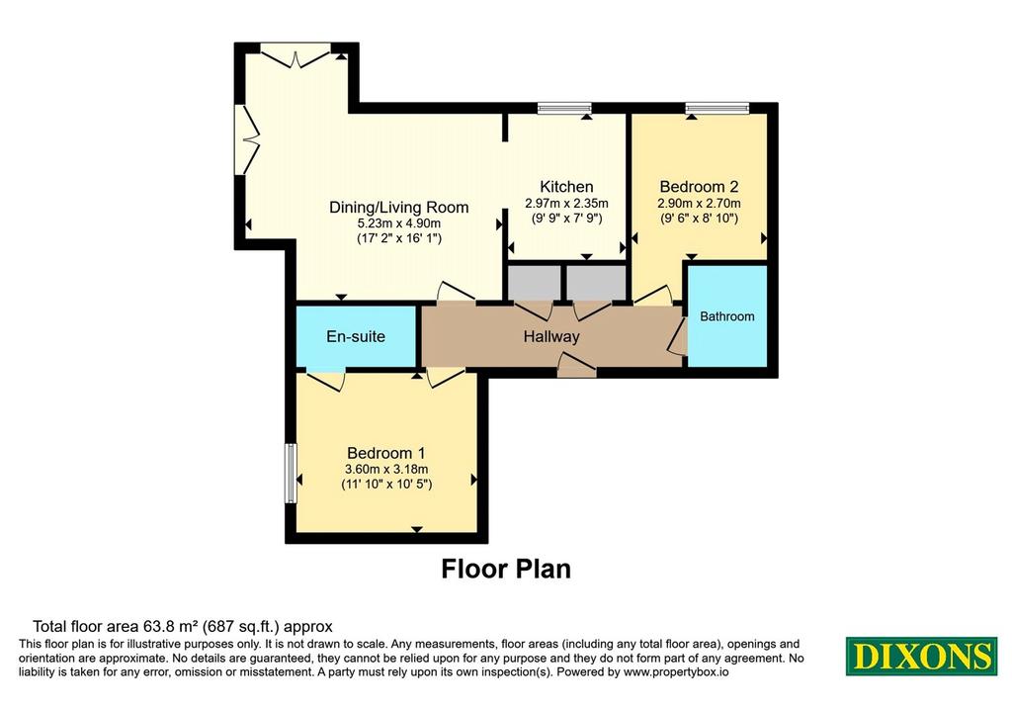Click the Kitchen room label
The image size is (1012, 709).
(566, 187)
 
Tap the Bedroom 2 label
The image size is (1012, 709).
(699, 187)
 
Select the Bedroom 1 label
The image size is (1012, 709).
(386, 453)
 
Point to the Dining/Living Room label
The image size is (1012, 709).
(399, 208)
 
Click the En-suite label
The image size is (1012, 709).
(356, 336)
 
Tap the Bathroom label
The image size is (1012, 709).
(727, 316)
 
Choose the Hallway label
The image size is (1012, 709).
(551, 336)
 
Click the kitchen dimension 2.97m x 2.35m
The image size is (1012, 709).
(566, 203)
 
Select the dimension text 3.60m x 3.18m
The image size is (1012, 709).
(386, 470)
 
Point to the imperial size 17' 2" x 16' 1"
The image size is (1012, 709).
(399, 238)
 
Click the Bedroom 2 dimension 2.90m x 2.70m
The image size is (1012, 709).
(699, 203)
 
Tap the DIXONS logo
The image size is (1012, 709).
(922, 656)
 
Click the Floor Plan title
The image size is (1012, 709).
(506, 569)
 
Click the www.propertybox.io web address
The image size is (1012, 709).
(676, 672)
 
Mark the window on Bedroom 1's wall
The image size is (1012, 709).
(292, 473)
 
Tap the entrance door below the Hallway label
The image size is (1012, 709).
(576, 366)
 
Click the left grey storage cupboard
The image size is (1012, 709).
(534, 282)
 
